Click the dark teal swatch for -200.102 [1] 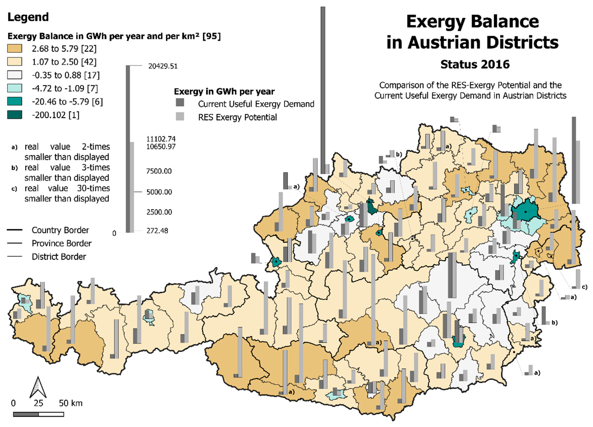15,115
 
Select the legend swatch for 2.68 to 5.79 15,49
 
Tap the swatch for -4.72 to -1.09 15,88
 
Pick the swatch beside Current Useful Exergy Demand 180,103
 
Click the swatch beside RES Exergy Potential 180,117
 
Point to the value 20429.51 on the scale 163,66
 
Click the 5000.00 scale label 159,192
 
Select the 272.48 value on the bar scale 157,231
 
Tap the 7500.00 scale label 159,171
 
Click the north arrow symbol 38,387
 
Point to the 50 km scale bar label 71,403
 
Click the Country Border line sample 15,230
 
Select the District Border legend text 59,257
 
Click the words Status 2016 475,64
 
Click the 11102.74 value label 161,139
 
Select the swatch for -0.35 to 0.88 15,75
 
